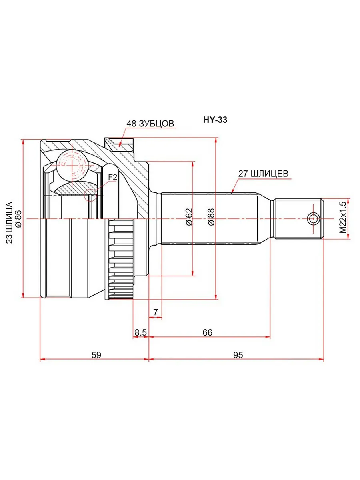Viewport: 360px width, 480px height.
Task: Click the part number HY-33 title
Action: coord(215,120)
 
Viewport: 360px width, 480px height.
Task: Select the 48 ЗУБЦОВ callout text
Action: coord(150,124)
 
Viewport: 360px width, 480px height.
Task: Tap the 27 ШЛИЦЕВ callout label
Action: coord(263,174)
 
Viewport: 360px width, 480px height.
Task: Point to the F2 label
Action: coord(113,177)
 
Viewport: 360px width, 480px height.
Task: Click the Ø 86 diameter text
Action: coord(18,219)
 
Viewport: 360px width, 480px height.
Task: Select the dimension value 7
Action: coord(156,312)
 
